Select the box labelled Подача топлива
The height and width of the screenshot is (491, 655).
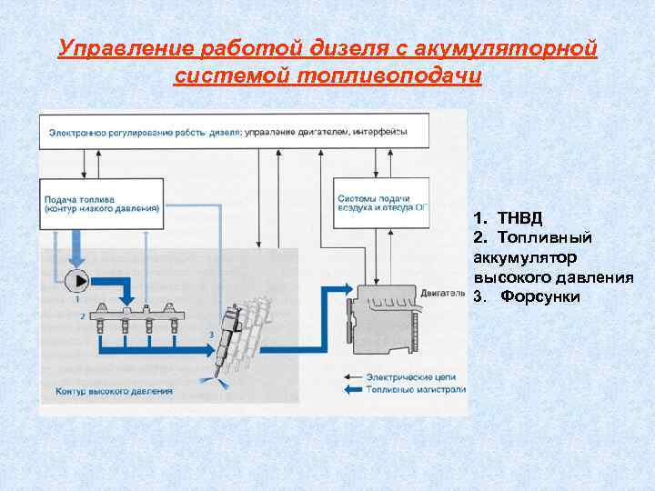tap(101, 202)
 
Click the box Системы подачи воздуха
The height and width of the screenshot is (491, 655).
tap(378, 202)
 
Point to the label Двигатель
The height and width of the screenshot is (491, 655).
tap(444, 294)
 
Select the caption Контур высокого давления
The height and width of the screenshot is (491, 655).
tap(113, 391)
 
